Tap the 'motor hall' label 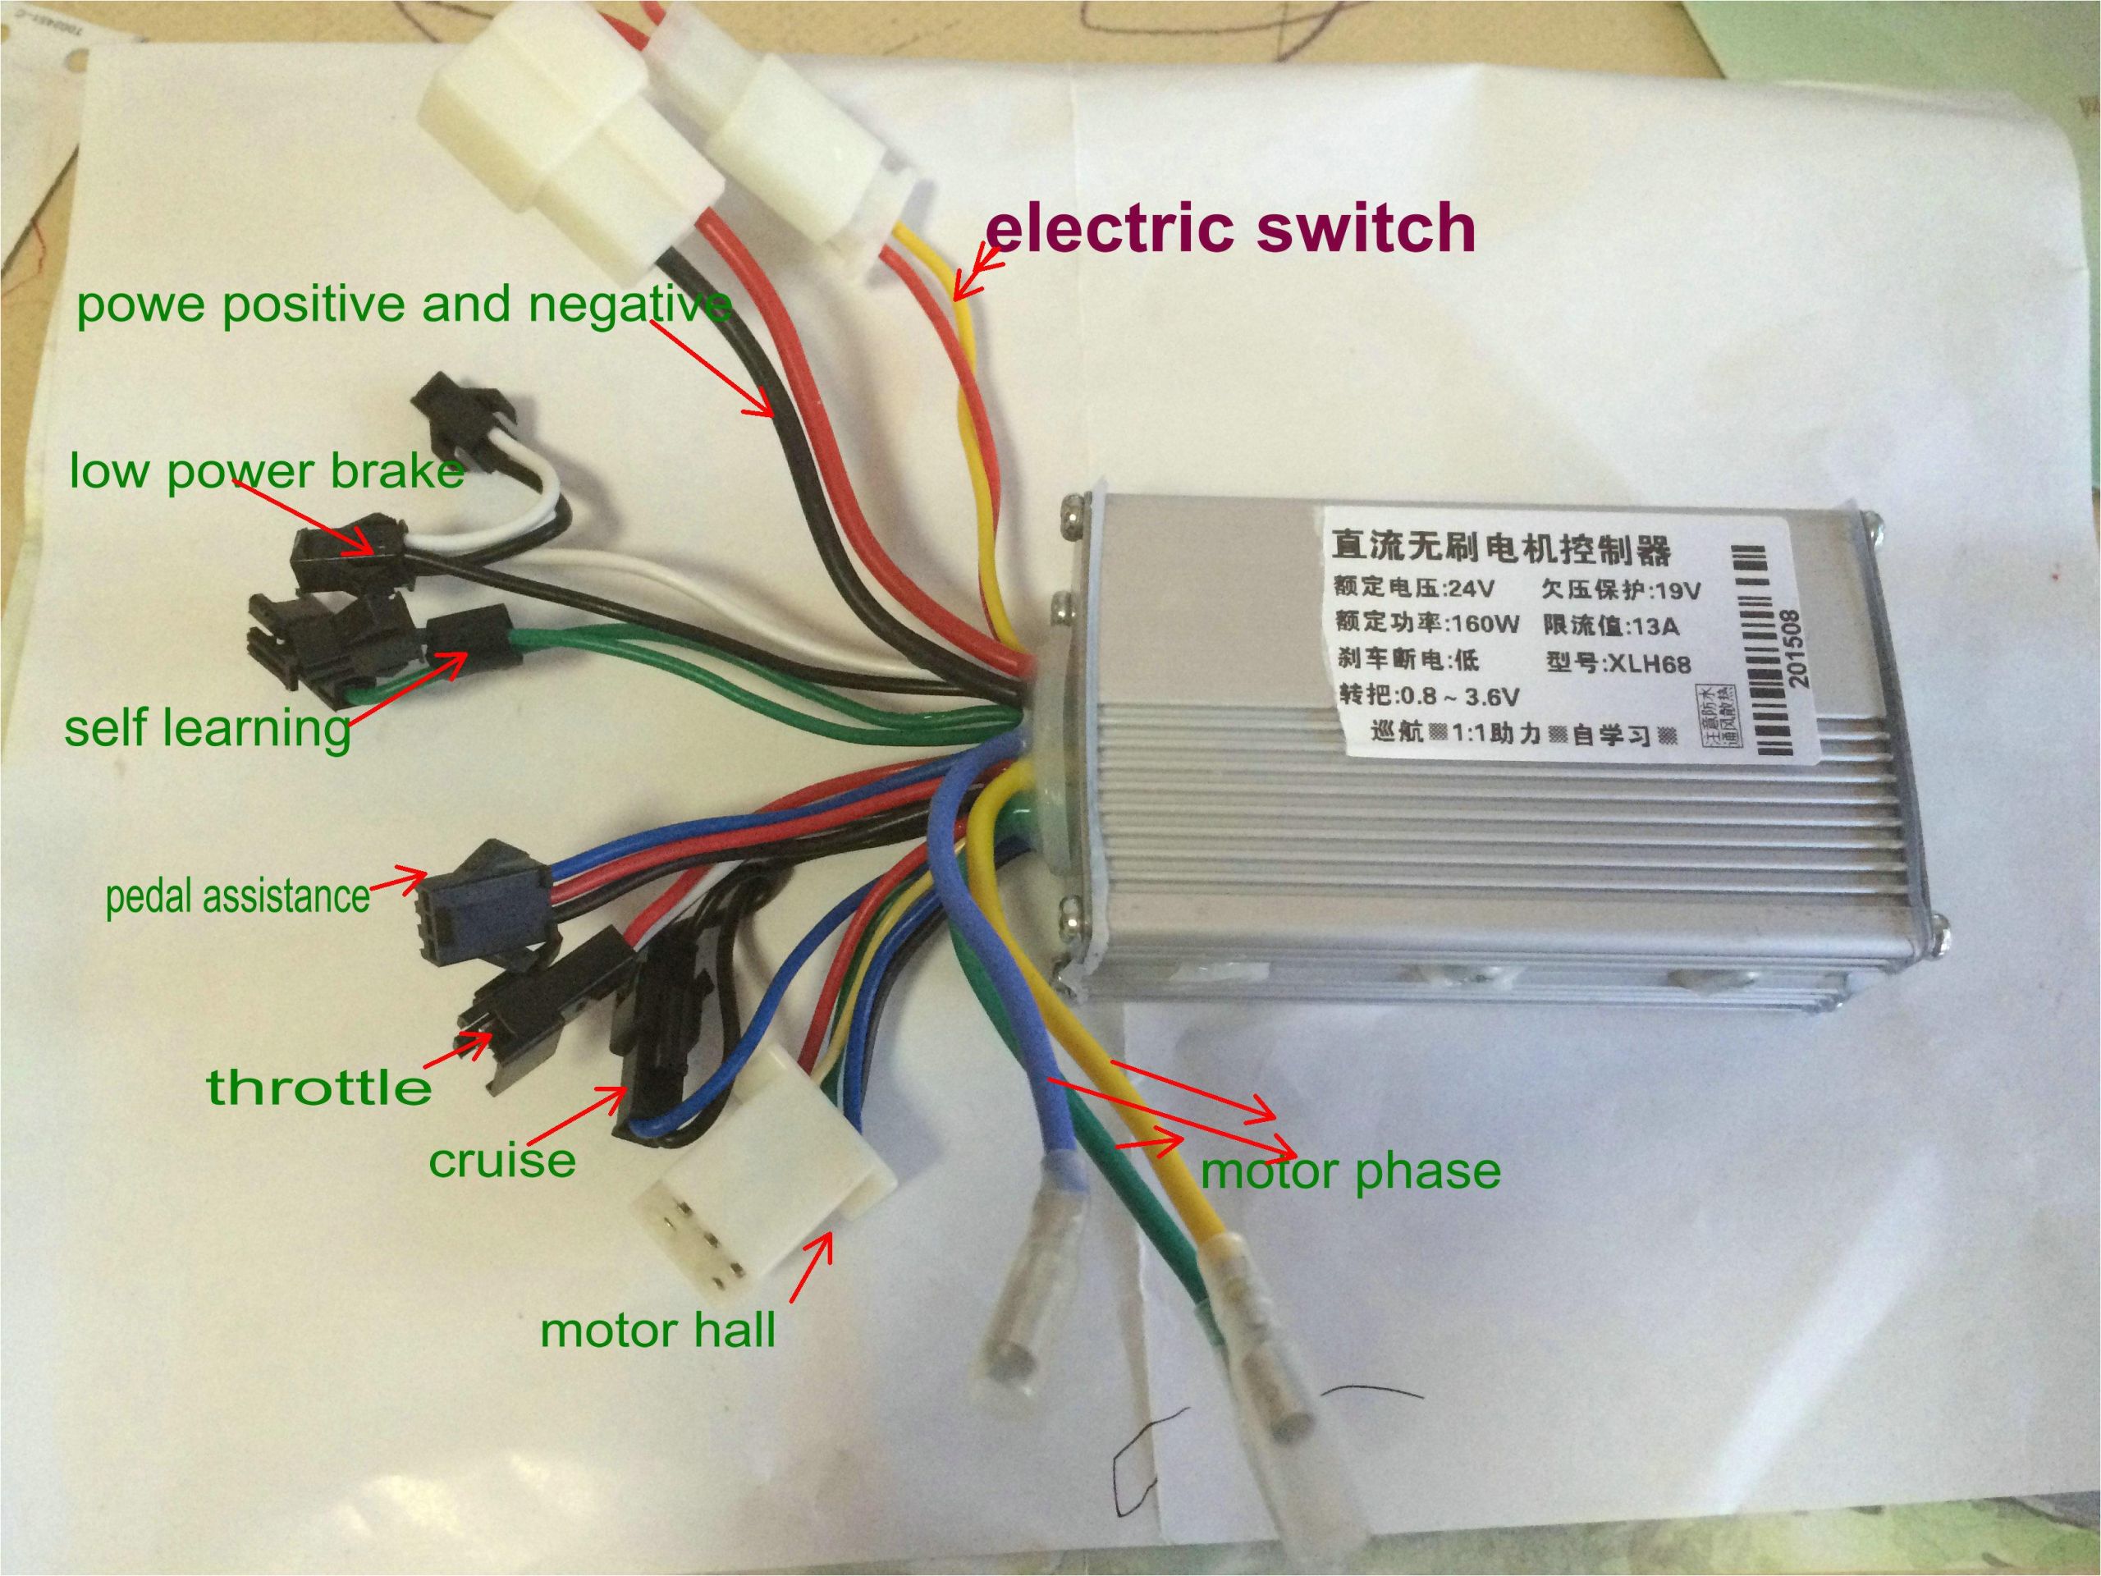click(x=657, y=1329)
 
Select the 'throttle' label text click(x=319, y=1087)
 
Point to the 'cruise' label click(x=501, y=1160)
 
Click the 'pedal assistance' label click(x=236, y=896)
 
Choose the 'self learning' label click(x=207, y=729)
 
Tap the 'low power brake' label click(x=266, y=471)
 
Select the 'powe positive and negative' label click(x=404, y=306)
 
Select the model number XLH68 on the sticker click(x=1648, y=662)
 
